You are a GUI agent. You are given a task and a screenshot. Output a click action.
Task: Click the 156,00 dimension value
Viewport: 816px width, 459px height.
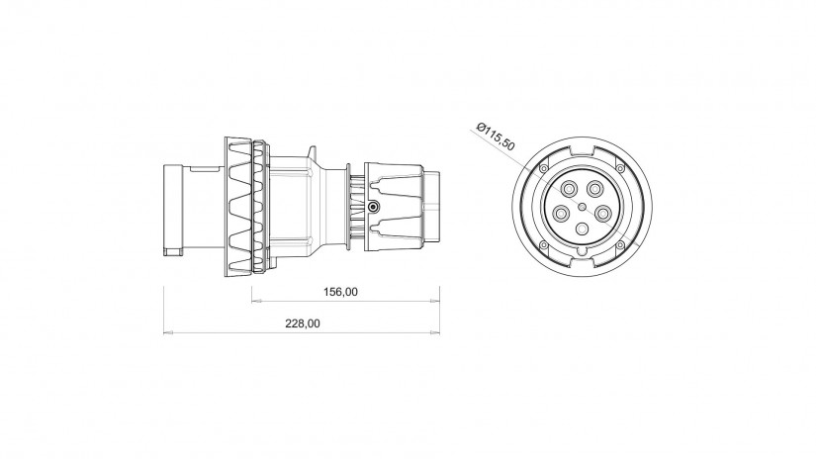[x=341, y=292]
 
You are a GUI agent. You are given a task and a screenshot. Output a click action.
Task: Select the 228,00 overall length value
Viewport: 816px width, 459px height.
[x=303, y=323]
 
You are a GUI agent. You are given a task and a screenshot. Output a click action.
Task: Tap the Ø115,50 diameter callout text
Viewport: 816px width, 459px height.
[x=496, y=137]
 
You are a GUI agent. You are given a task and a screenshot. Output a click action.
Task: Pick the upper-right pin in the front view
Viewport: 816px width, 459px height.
[x=593, y=188]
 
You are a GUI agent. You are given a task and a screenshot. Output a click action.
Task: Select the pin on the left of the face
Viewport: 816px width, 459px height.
[x=561, y=213]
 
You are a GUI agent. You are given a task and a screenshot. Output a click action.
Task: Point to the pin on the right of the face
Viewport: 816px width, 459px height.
[x=602, y=213]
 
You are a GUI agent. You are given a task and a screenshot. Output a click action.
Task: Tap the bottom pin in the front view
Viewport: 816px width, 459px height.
[x=583, y=229]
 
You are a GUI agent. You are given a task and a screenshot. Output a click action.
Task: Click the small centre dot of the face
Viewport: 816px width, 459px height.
[x=583, y=206]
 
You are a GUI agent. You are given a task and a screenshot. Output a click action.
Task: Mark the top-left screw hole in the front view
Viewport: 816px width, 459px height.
[x=544, y=168]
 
